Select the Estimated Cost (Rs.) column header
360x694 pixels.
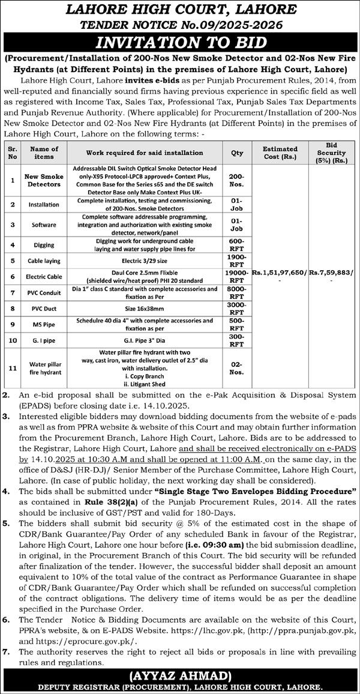click(280, 152)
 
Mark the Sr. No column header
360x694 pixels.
click(11, 152)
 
